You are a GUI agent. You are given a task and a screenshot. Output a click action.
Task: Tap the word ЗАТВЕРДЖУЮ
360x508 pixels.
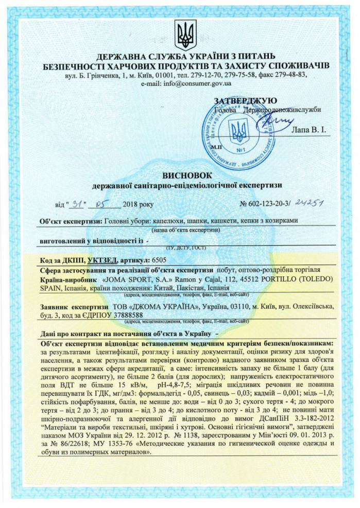[245, 100]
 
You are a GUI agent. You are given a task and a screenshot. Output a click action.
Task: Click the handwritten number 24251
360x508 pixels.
[307, 203]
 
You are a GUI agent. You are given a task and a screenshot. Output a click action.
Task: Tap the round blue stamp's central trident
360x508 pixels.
[238, 131]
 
